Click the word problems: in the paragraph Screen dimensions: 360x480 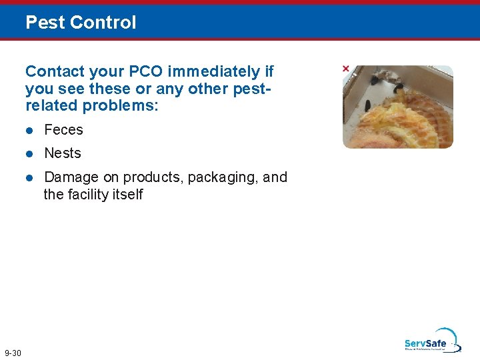point(119,106)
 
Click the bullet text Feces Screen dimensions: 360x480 point(63,130)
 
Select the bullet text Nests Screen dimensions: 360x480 point(63,153)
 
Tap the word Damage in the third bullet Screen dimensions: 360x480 point(71,177)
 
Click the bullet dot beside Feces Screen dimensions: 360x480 point(29,131)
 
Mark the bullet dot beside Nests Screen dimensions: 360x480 point(29,154)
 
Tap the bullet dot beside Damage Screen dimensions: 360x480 point(29,178)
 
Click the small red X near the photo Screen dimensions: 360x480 point(345,69)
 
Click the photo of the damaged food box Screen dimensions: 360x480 point(398,107)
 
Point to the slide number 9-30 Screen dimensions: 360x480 point(13,352)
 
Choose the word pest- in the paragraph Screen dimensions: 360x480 point(251,89)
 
